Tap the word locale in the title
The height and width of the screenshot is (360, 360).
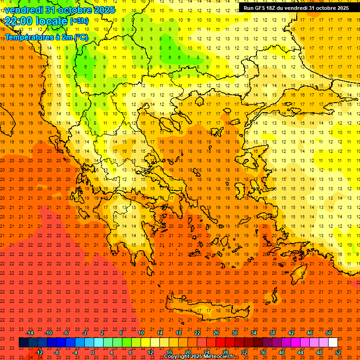coord(52,21)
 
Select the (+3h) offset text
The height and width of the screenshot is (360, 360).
coord(78,21)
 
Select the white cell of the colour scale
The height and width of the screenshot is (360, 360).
coord(333,343)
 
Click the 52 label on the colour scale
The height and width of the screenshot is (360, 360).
coord(338,352)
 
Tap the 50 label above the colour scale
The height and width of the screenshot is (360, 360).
coord(329,333)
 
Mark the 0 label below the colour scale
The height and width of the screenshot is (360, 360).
coord(93,352)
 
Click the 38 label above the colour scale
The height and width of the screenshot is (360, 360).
coord(272,333)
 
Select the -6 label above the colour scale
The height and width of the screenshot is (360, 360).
coord(66,333)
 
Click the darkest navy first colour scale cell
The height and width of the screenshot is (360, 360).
coord(23,343)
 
